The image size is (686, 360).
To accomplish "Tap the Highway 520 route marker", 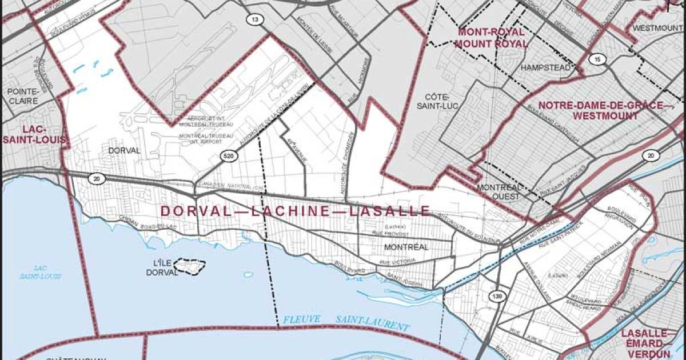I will [228, 155].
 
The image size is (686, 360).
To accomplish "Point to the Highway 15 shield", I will [596, 59].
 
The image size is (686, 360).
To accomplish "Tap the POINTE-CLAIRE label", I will [23, 95].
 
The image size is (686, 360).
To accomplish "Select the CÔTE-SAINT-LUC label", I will [439, 102].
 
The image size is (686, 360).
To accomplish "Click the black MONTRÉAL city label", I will [406, 247].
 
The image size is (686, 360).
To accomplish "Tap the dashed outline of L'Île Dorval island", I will [190, 266].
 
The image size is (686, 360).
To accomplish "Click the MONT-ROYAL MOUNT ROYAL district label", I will [490, 38].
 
